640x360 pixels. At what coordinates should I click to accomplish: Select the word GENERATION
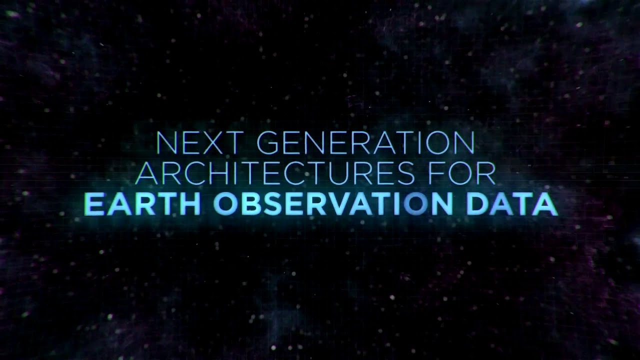[365, 143]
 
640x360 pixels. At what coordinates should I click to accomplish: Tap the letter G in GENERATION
[267, 143]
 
